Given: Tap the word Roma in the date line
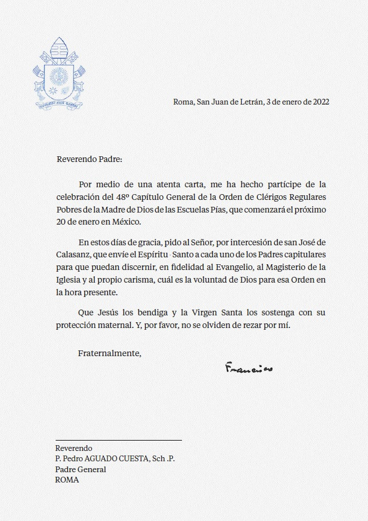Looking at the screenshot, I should point(183,102).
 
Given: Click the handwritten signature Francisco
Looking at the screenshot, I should point(249,367).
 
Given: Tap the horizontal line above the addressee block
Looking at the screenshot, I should point(118,440).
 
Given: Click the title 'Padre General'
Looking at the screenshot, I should point(80,469).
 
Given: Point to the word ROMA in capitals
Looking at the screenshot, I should point(67,480).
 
